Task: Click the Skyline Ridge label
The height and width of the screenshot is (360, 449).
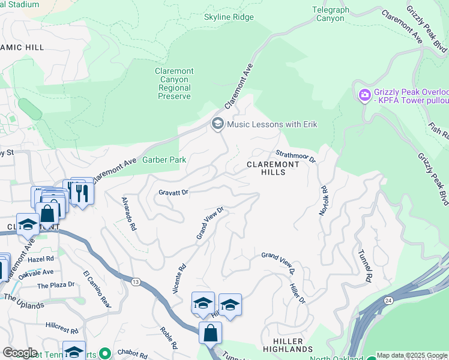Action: tap(229, 17)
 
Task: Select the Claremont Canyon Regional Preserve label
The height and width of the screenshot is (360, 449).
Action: tap(175, 83)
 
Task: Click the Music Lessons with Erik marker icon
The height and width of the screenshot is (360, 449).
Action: tap(217, 124)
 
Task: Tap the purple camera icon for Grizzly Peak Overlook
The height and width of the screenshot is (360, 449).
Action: tap(364, 95)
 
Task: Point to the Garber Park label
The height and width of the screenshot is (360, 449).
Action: tap(164, 160)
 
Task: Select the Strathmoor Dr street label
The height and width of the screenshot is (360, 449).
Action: tap(295, 157)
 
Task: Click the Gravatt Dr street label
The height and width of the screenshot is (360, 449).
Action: tap(173, 192)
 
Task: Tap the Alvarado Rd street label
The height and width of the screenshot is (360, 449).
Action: tap(129, 214)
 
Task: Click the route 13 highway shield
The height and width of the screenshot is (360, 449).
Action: tap(136, 281)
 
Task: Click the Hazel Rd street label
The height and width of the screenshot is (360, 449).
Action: tap(41, 259)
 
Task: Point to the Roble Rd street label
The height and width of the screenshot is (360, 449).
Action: tap(168, 338)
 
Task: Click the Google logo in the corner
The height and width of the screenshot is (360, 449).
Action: tap(20, 353)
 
